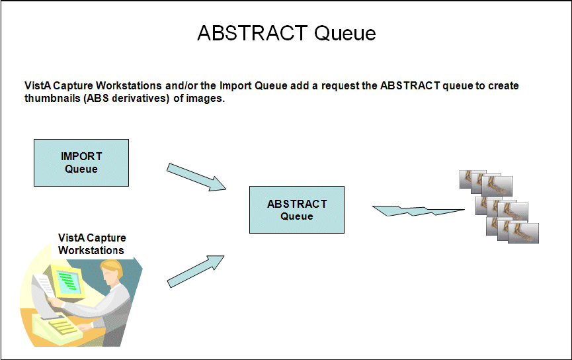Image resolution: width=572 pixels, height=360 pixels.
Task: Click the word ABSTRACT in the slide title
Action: click(252, 33)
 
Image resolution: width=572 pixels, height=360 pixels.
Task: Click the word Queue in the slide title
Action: click(345, 34)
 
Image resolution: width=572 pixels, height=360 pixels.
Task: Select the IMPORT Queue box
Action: click(81, 163)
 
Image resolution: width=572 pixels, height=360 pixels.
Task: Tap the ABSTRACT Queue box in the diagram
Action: click(296, 210)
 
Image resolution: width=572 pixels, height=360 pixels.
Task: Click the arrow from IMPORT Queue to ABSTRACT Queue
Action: click(196, 177)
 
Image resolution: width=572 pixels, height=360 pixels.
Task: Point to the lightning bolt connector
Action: click(418, 211)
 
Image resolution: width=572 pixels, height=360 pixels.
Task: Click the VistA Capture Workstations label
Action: click(91, 244)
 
